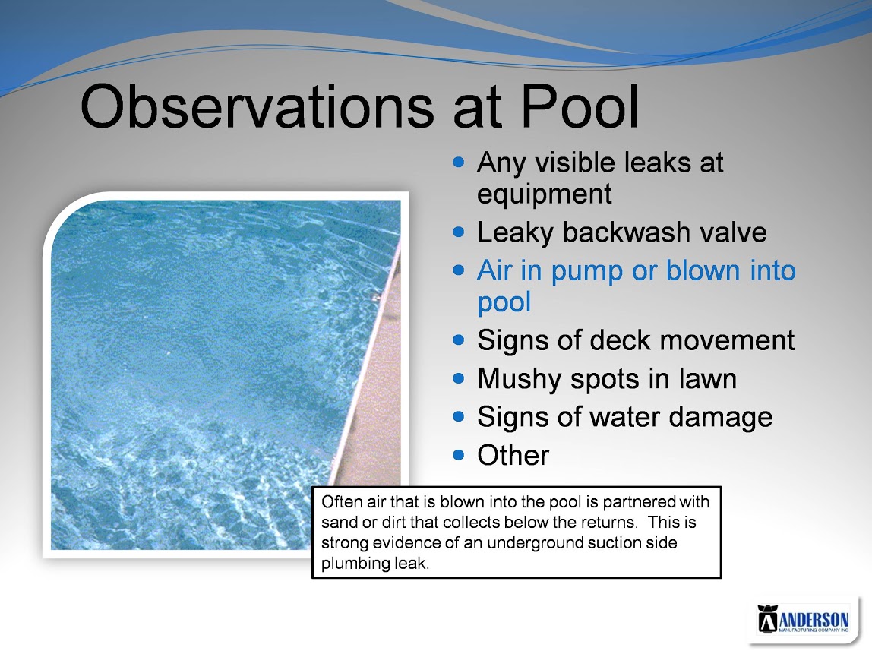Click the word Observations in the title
pos(257,106)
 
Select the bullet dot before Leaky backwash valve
pos(458,232)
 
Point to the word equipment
pos(545,194)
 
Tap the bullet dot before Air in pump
pos(458,270)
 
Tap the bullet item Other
pos(513,455)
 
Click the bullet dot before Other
pos(458,455)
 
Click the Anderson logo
pos(803,619)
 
